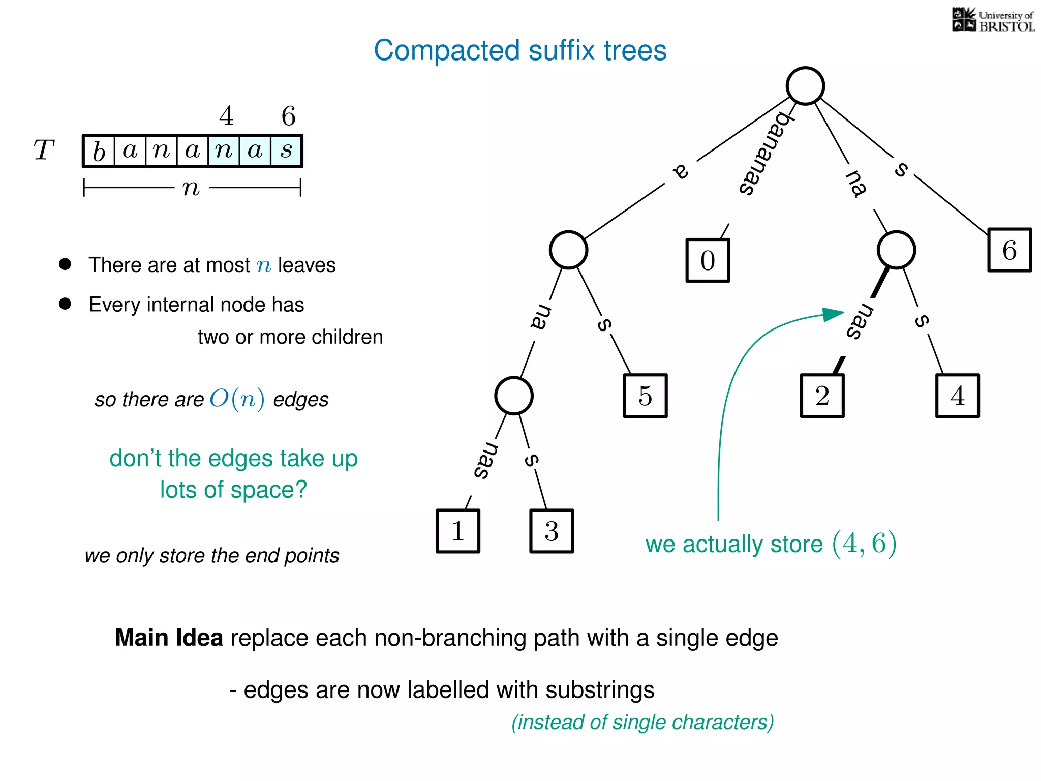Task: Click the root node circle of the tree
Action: [x=805, y=85]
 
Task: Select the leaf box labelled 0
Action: [x=708, y=260]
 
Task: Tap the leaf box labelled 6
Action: [x=1009, y=250]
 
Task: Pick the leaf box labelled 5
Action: [x=645, y=396]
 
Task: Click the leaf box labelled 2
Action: [x=822, y=396]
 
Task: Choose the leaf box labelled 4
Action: [x=957, y=396]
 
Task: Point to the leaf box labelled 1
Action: [x=457, y=531]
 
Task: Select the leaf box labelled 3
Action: [x=552, y=531]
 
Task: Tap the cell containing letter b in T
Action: [x=99, y=151]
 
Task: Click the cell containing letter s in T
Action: [x=287, y=151]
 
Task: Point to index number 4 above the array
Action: [x=226, y=116]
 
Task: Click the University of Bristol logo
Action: [x=993, y=20]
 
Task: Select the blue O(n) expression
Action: [x=237, y=399]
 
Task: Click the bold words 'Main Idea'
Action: [x=169, y=638]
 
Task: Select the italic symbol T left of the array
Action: [x=44, y=151]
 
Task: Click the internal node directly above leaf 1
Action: [x=514, y=396]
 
